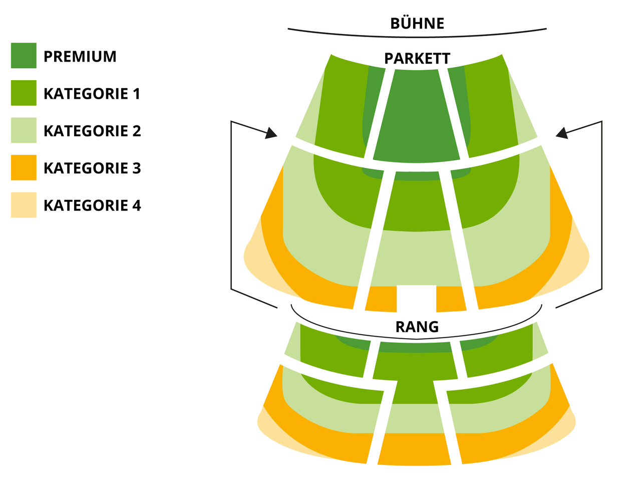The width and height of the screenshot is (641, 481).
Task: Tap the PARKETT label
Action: pos(417,59)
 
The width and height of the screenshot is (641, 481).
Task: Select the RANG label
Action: pos(417,327)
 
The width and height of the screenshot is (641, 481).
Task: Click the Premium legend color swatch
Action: pos(24,56)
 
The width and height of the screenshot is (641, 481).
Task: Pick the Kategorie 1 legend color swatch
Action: pos(24,93)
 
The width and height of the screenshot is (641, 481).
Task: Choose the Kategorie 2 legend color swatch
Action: pos(24,130)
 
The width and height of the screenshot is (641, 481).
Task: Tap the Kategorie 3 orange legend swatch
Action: pos(24,168)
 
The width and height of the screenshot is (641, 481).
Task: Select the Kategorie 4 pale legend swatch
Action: pos(24,205)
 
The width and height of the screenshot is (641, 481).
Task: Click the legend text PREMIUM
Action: pos(80,56)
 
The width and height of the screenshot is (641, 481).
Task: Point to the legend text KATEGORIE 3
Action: pos(92,168)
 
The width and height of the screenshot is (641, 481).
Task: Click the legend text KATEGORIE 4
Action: pos(92,205)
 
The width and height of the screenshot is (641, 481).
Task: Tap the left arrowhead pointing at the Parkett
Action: pos(271,133)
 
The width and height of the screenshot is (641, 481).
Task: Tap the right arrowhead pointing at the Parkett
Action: pos(561,133)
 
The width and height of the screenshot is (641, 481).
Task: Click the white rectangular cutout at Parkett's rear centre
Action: pos(416,298)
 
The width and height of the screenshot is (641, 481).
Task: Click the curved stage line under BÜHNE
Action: pos(417,37)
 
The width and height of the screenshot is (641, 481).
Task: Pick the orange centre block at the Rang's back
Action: pos(414,449)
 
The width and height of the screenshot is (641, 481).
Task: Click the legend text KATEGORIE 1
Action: pos(92,94)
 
